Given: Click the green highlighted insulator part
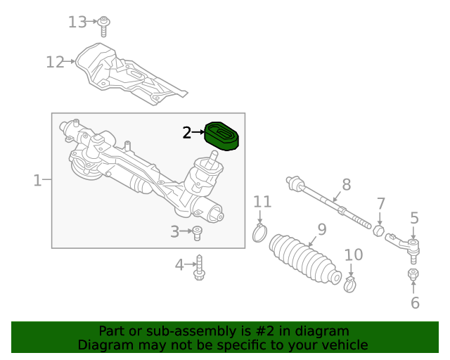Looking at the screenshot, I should [223, 136].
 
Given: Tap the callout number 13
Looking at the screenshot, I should [77, 22].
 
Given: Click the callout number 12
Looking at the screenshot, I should [55, 62].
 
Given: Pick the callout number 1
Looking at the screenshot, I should [37, 181].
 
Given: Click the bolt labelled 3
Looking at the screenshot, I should [198, 232].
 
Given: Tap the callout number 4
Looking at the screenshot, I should [179, 265].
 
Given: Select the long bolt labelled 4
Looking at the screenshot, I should [200, 266].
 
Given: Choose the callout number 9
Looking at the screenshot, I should [322, 229].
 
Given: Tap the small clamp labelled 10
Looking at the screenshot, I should [350, 283].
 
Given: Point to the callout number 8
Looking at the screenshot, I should [346, 185].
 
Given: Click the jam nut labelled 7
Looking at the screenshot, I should [378, 231].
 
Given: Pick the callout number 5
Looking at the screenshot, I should [414, 219].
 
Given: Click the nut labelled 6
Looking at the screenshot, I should [413, 274].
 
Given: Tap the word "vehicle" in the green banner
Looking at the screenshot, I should [343, 345].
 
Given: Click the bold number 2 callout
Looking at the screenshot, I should [186, 132].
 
